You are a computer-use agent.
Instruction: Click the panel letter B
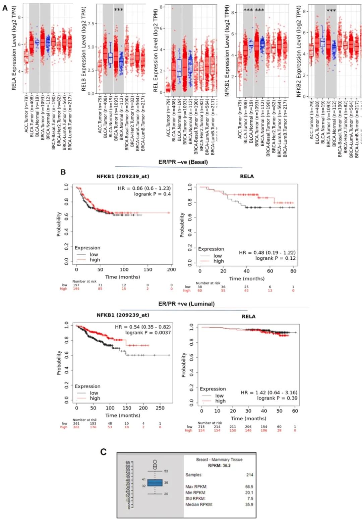click(x=63, y=172)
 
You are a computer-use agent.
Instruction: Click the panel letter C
click(x=103, y=452)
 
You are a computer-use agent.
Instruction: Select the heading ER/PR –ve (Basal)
click(x=183, y=162)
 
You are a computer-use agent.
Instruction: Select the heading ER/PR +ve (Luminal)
click(x=186, y=304)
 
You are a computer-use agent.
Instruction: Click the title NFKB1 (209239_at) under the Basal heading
click(x=123, y=176)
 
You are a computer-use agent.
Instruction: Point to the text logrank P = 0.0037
click(x=148, y=333)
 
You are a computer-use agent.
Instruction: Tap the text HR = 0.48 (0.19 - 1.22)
click(x=267, y=253)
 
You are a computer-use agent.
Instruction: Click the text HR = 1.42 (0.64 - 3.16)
click(x=269, y=393)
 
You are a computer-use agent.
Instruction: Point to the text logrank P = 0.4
click(x=152, y=194)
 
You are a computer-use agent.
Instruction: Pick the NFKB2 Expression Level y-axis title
click(x=299, y=51)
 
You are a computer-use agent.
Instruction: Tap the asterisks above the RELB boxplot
click(x=119, y=10)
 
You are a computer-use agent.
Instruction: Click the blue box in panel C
click(x=155, y=483)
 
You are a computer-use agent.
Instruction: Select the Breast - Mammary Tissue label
click(x=219, y=460)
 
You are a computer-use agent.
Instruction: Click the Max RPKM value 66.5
click(x=249, y=487)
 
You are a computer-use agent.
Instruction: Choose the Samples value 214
click(x=250, y=475)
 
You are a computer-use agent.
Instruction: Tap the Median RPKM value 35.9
click(x=249, y=504)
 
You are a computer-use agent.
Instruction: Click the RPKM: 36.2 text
click(x=219, y=465)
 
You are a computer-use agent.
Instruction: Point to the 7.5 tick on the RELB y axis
click(x=91, y=24)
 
